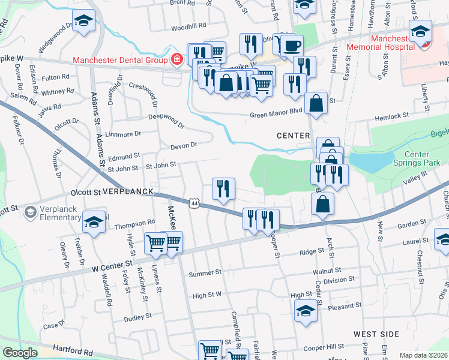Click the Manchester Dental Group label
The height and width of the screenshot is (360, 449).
120,59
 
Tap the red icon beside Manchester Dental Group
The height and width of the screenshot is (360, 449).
176,59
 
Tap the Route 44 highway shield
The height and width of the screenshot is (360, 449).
194,203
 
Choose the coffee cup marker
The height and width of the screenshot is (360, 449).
292,45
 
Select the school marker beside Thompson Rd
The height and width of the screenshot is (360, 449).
94,221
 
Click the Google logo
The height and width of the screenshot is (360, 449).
20,353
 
